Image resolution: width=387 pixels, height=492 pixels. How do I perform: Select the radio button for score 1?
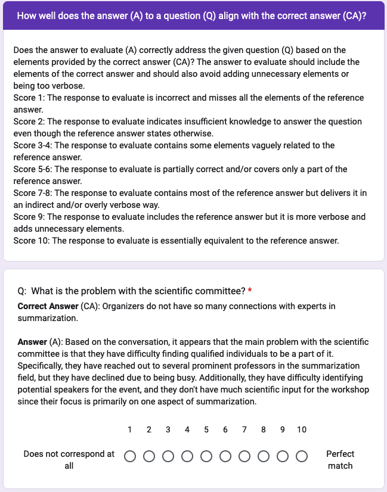(130, 456)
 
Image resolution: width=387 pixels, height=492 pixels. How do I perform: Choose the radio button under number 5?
(206, 456)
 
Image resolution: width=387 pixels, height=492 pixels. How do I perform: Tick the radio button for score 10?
(302, 456)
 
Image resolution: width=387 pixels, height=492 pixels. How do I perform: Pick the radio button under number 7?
(244, 456)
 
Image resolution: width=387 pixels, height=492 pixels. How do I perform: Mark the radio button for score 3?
(168, 456)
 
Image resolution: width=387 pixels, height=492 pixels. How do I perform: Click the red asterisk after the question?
(250, 291)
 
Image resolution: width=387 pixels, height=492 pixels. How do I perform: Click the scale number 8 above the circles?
(264, 429)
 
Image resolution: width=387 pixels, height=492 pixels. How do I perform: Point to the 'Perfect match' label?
(340, 460)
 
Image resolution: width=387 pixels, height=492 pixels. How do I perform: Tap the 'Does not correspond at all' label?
(69, 460)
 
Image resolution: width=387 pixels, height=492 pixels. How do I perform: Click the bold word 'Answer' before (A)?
(32, 342)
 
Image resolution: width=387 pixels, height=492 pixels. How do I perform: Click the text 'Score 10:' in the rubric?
(32, 241)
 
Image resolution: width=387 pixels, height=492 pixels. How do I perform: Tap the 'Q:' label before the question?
(22, 291)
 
